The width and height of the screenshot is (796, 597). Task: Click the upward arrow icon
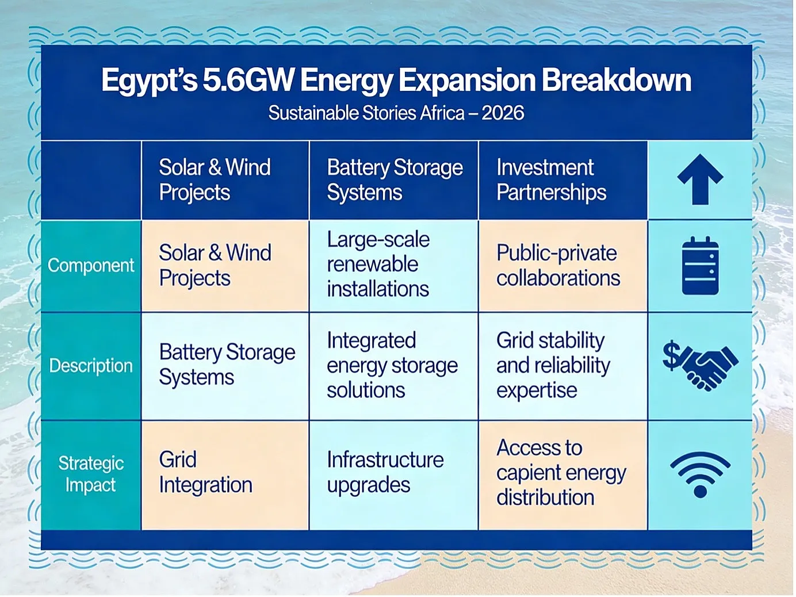(700, 179)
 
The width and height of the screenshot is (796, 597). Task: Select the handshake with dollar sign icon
(700, 365)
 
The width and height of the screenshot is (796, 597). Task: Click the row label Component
(91, 265)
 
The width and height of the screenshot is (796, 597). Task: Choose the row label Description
(91, 365)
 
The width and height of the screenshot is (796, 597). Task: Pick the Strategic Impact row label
(91, 474)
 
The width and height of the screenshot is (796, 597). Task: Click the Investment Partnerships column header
(551, 179)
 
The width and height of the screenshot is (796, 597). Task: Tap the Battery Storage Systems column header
(395, 179)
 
